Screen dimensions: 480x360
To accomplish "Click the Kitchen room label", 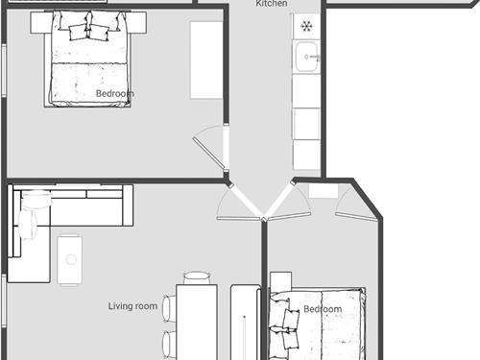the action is pyautogui.click(x=272, y=4).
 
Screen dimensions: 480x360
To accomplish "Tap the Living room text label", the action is pyautogui.click(x=132, y=306).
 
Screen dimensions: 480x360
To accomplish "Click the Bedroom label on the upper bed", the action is pyautogui.click(x=115, y=93).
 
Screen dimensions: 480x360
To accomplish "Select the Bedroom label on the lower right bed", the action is pyautogui.click(x=323, y=309).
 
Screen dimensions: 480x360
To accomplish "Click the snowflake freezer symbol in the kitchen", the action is pyautogui.click(x=306, y=26).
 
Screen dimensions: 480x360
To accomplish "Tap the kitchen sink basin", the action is pyautogui.click(x=306, y=58).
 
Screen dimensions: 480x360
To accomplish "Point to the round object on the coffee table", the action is pyautogui.click(x=71, y=259).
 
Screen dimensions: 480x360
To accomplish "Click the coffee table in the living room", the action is pyautogui.click(x=70, y=260).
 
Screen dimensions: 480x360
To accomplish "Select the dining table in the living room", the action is pyautogui.click(x=197, y=322).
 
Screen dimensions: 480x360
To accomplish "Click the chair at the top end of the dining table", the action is pyautogui.click(x=197, y=277).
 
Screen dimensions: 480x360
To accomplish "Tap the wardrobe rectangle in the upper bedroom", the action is pyautogui.click(x=206, y=60).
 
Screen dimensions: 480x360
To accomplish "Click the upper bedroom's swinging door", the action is pyautogui.click(x=209, y=152).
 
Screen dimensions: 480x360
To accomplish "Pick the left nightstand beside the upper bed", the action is pyautogui.click(x=41, y=22).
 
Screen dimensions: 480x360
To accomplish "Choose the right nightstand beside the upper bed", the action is pyautogui.click(x=137, y=22).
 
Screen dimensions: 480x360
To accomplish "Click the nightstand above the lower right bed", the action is pyautogui.click(x=281, y=281).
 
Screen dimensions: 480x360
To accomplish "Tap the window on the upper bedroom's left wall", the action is pyautogui.click(x=4, y=70).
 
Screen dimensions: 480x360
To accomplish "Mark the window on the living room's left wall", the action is pyautogui.click(x=4, y=300).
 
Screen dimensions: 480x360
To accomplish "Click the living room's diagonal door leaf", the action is pyautogui.click(x=247, y=202).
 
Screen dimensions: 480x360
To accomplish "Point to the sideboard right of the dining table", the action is pyautogui.click(x=246, y=322).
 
